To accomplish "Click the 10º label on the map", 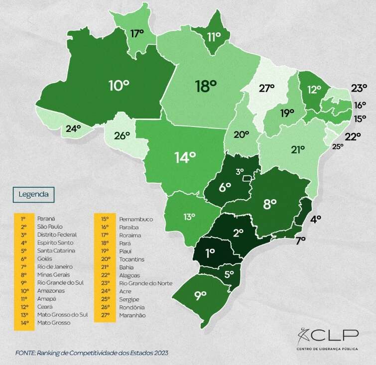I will click(x=119, y=85).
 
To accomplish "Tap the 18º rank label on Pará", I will click(x=206, y=86).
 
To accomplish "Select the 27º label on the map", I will click(x=266, y=88).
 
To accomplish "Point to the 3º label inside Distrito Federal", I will click(x=240, y=171).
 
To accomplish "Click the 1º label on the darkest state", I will click(x=210, y=253).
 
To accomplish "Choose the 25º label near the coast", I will click(x=338, y=146).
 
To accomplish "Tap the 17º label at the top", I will click(x=137, y=33).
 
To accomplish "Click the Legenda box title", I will click(x=33, y=194).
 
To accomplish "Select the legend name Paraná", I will click(x=46, y=218).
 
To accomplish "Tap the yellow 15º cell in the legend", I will click(x=105, y=219).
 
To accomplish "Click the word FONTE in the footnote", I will click(x=25, y=353).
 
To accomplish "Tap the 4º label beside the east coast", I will click(x=316, y=218).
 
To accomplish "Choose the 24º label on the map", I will click(x=73, y=128).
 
